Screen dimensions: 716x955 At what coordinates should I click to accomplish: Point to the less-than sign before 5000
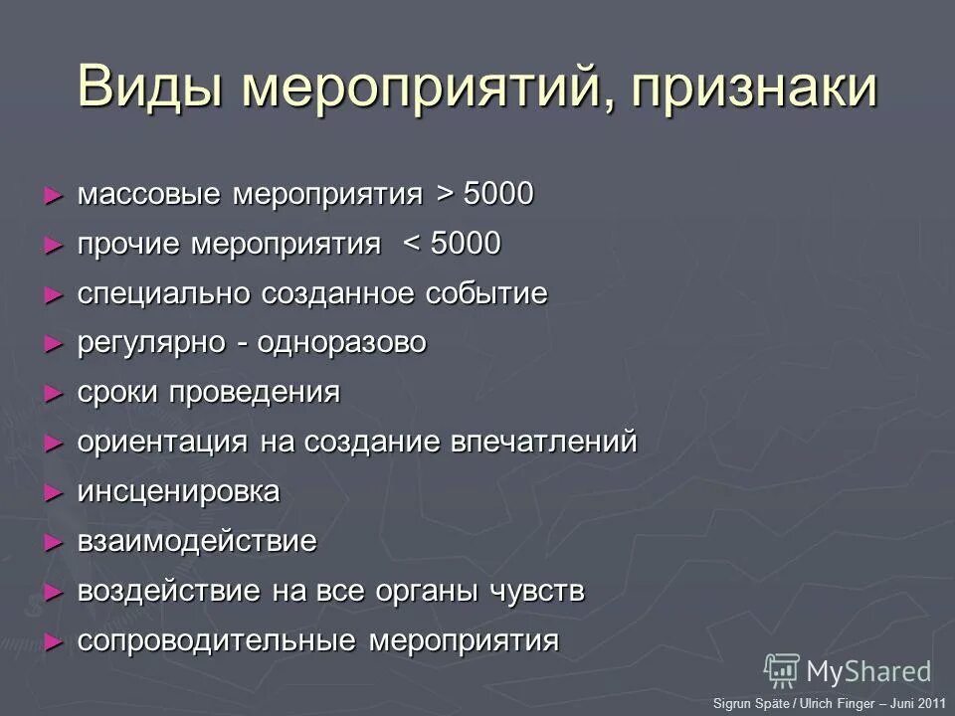coord(413,244)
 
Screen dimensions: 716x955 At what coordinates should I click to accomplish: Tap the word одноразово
coord(342,343)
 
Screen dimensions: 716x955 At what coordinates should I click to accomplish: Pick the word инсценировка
coord(178,492)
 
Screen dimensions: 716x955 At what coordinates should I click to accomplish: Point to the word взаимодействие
coord(197,542)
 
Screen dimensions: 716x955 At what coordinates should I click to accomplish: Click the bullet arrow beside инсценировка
coord(54,492)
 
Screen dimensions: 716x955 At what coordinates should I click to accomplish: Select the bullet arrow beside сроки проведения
coord(54,393)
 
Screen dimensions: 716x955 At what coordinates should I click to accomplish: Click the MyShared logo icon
coord(782,669)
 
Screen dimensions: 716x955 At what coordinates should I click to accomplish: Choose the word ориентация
coord(162,443)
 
